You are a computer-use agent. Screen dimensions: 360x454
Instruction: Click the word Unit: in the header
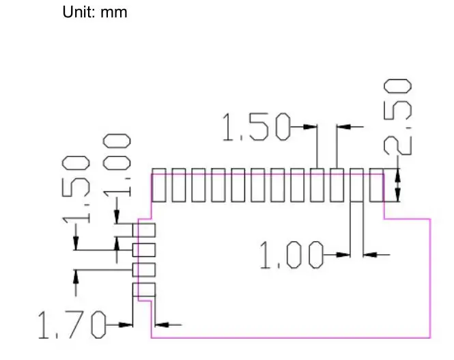80,12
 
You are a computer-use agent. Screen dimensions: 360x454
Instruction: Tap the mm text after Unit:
114,12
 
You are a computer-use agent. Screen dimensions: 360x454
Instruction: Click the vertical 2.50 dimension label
398,117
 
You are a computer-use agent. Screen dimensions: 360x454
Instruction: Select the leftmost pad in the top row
158,185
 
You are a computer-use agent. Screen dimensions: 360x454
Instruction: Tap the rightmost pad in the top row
376,185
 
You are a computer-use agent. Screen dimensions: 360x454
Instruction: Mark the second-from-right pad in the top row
356,185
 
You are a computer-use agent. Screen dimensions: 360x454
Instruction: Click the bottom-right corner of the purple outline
431,337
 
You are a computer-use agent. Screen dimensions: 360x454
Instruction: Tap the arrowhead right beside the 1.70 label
125,324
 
